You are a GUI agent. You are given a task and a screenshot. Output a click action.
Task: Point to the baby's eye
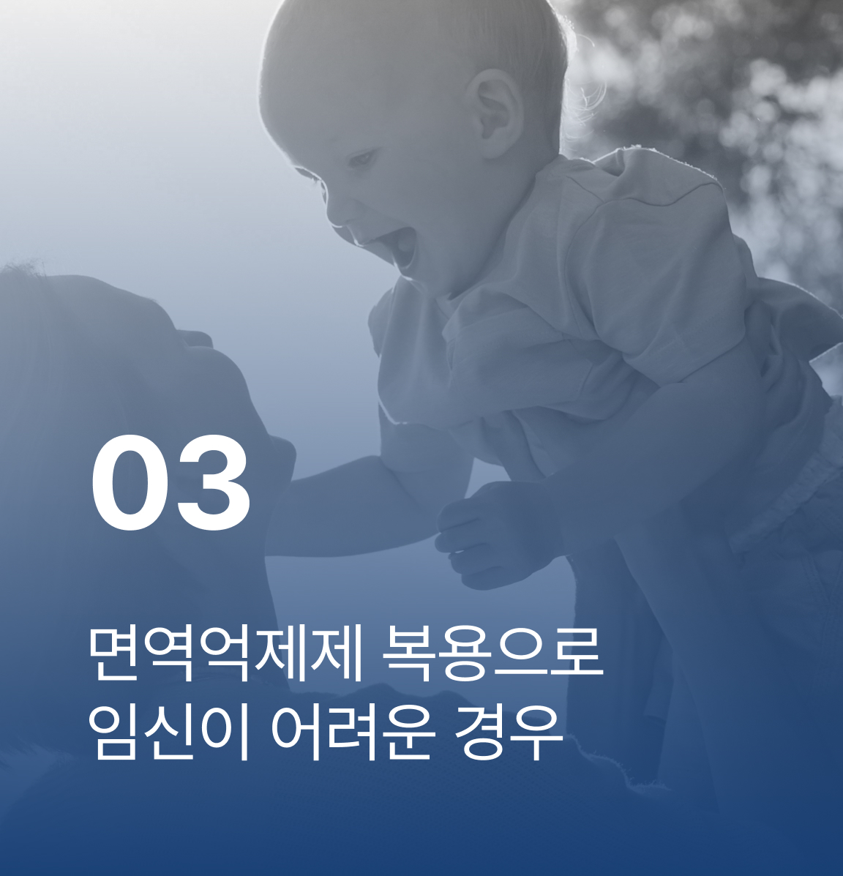tap(362, 160)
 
